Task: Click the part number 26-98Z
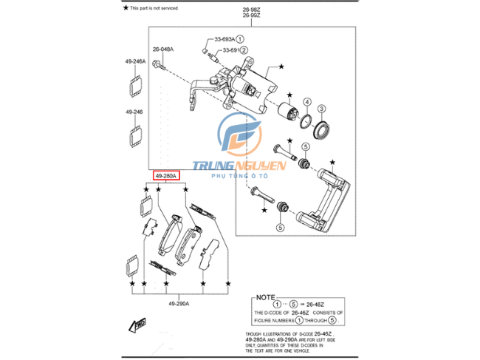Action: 251,11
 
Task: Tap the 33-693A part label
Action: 224,38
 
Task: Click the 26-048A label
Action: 163,49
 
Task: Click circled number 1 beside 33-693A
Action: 240,38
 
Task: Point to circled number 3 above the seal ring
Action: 323,108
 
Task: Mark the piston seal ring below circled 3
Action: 322,131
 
